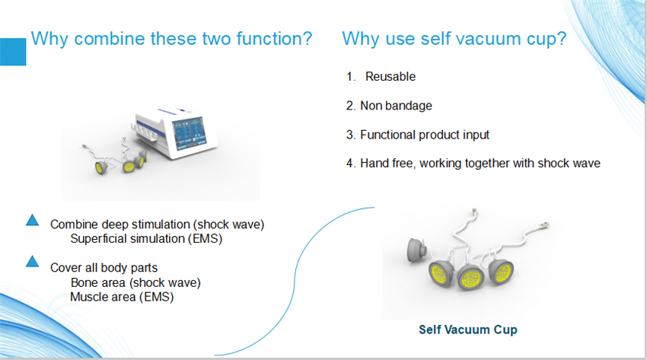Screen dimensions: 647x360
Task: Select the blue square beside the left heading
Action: pyautogui.click(x=13, y=52)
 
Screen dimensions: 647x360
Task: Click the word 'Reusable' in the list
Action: pyautogui.click(x=390, y=76)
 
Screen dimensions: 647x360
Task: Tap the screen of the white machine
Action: pyautogui.click(x=189, y=132)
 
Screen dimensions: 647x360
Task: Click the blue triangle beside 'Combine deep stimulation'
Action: pyautogui.click(x=32, y=220)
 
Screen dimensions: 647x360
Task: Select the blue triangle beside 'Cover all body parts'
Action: pyautogui.click(x=32, y=262)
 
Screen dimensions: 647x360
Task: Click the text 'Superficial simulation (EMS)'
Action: pyautogui.click(x=146, y=239)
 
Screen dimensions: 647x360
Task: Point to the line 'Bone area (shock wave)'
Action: pyautogui.click(x=135, y=282)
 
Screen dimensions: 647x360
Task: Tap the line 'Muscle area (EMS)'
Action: pyautogui.click(x=122, y=297)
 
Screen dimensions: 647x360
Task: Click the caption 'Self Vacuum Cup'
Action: pyautogui.click(x=468, y=330)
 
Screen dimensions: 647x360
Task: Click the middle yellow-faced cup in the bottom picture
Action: pyautogui.click(x=470, y=276)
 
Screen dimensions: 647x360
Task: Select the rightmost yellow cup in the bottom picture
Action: pyautogui.click(x=502, y=272)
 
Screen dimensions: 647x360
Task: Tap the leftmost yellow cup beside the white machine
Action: pyautogui.click(x=100, y=167)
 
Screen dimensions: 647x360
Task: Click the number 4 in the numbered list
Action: pyautogui.click(x=350, y=164)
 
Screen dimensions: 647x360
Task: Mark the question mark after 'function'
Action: pyautogui.click(x=307, y=38)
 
